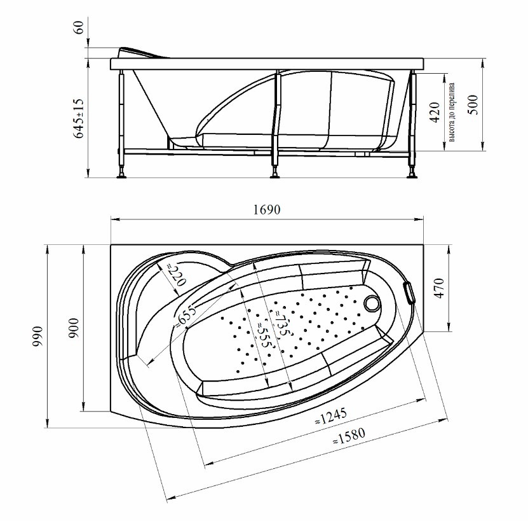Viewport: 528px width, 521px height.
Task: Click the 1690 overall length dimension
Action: click(266, 210)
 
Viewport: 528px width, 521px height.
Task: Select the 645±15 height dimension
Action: click(78, 118)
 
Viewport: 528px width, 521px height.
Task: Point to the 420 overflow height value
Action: click(435, 113)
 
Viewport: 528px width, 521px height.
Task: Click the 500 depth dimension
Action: click(473, 105)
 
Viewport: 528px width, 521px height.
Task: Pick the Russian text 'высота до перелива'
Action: click(452, 113)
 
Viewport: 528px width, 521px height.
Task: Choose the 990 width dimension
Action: click(37, 337)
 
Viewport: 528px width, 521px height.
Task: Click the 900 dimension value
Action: click(73, 328)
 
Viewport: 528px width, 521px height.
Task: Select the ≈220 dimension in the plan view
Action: click(177, 274)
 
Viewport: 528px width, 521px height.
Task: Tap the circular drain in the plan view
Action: click(372, 302)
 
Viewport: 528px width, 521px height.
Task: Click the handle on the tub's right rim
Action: click(409, 293)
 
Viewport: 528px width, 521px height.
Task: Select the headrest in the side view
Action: click(143, 53)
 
